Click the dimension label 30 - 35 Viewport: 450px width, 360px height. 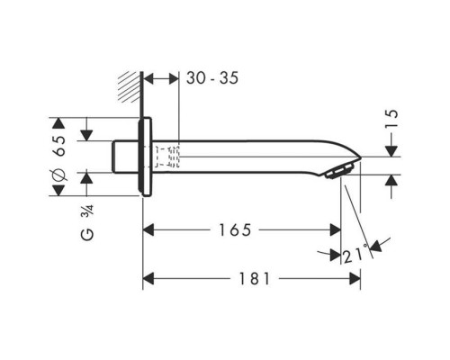coord(212,78)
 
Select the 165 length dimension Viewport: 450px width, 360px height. coord(235,230)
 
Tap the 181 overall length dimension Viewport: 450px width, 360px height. coord(254,279)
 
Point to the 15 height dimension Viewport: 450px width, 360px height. coord(392,118)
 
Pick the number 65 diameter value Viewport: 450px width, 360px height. coord(58,146)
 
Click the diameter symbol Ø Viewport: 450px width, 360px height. coord(58,175)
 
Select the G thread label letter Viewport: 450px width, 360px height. coord(87,234)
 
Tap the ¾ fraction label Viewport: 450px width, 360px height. coord(88,211)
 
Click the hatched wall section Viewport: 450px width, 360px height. coord(130,87)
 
